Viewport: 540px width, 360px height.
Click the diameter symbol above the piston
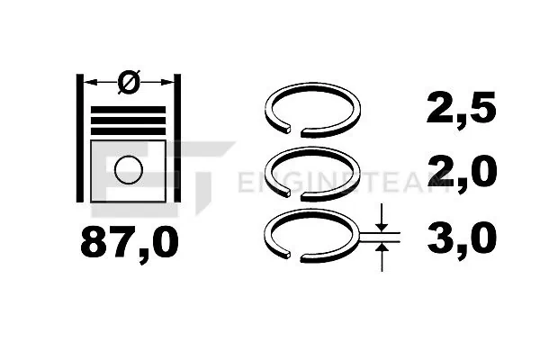tap(129, 82)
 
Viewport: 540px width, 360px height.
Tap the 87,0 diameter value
tap(130, 242)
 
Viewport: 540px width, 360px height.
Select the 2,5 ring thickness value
tap(461, 109)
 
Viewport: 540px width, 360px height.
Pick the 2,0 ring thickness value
tap(462, 172)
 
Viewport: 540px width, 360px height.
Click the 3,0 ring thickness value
tap(462, 238)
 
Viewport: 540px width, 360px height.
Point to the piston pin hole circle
tap(129, 170)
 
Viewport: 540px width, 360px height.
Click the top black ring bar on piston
tap(128, 110)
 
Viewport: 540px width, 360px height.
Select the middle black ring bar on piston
tap(128, 121)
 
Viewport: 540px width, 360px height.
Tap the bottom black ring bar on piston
tap(128, 131)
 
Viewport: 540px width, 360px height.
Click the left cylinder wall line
tap(80, 138)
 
